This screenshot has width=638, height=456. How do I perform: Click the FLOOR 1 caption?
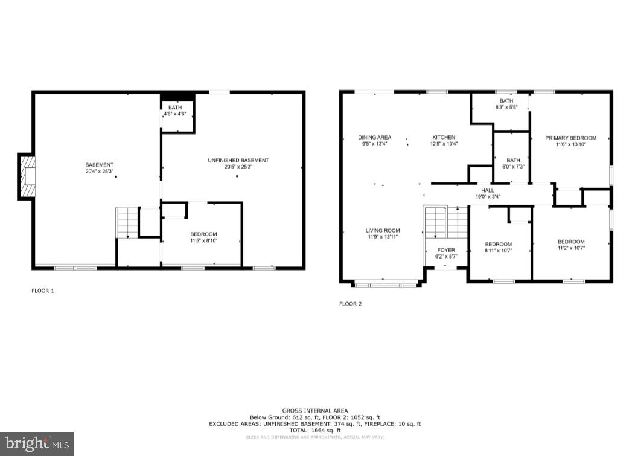click(x=43, y=291)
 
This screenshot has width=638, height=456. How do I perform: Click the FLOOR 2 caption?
click(x=350, y=304)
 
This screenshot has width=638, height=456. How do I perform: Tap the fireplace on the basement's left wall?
click(x=26, y=176)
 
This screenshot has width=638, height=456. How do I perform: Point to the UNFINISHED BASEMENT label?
click(x=238, y=160)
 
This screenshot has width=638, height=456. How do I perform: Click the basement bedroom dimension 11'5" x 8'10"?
click(x=203, y=240)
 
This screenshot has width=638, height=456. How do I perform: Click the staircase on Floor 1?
click(x=127, y=222)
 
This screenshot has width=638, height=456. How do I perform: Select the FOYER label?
click(x=446, y=250)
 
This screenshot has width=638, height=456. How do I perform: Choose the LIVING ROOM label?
click(x=383, y=231)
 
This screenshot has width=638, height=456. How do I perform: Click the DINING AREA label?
click(x=374, y=138)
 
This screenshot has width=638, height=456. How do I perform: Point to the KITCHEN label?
click(x=443, y=138)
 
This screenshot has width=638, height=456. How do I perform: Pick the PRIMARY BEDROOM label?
click(x=570, y=138)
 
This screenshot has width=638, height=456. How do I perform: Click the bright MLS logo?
click(x=36, y=443)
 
